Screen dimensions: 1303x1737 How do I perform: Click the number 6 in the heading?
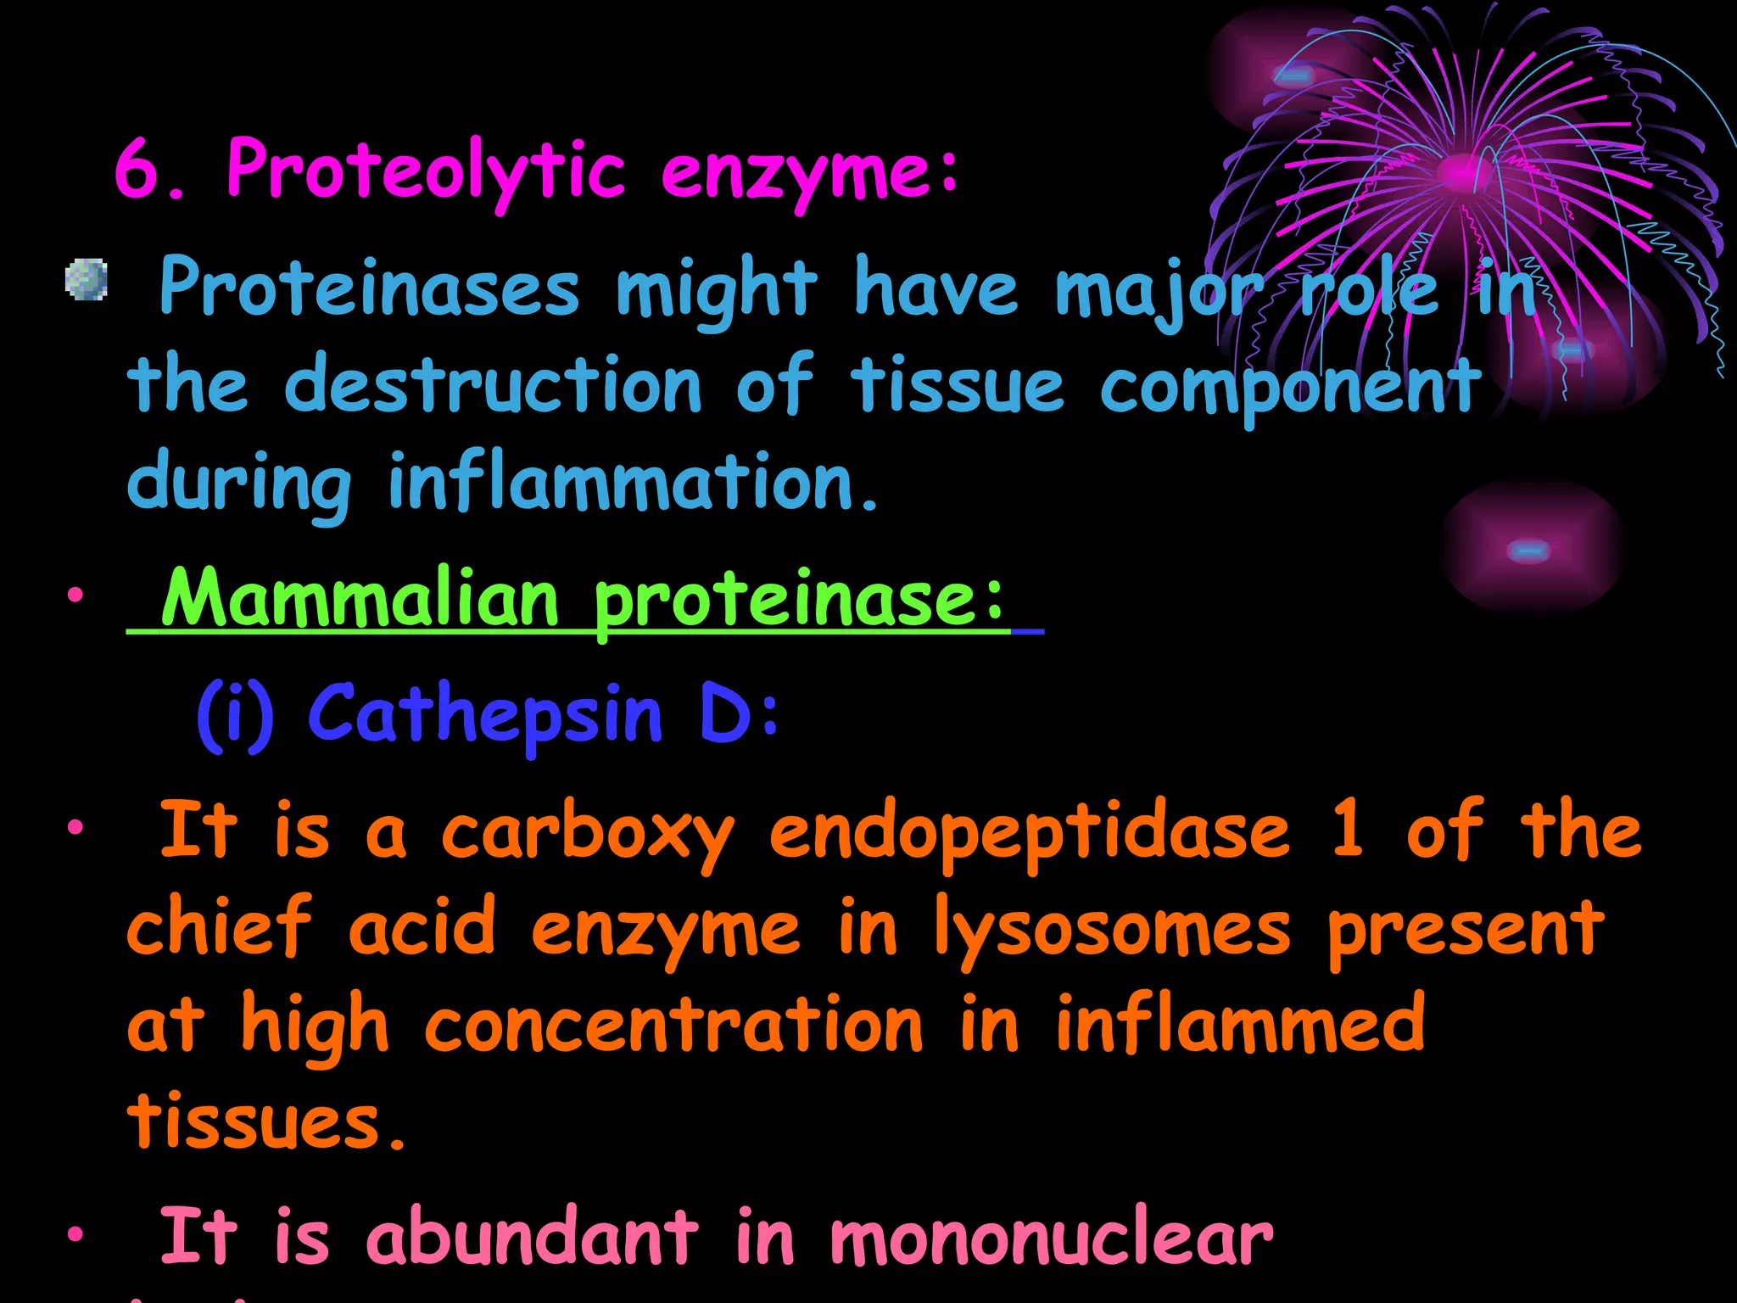(137, 170)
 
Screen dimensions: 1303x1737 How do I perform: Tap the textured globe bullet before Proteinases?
(87, 280)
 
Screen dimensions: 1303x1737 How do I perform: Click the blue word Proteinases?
(369, 288)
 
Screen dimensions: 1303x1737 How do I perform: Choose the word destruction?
(493, 386)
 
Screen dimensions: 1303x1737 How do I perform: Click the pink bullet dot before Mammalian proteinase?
(76, 596)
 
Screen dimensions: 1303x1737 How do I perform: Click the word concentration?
(673, 1026)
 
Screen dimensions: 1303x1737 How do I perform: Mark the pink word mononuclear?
(1051, 1239)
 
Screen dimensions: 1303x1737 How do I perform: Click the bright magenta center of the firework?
(1461, 172)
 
